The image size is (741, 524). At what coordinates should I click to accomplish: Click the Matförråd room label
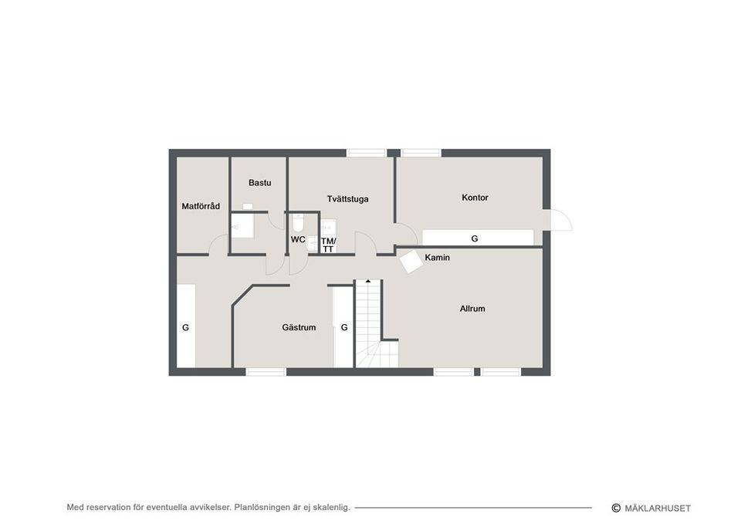click(x=201, y=206)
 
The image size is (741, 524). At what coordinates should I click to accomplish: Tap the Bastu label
click(x=259, y=183)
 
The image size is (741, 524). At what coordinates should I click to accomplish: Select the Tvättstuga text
click(x=347, y=199)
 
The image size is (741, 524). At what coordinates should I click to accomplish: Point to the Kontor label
click(x=475, y=198)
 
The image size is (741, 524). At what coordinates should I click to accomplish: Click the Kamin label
click(x=437, y=257)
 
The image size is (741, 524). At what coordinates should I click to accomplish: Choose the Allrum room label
click(x=472, y=309)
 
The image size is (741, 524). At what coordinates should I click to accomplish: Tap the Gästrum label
click(x=299, y=327)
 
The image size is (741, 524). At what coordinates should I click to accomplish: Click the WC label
click(x=298, y=239)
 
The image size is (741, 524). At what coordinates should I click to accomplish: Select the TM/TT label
click(x=328, y=245)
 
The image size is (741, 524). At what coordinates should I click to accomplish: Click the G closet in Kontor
click(x=475, y=238)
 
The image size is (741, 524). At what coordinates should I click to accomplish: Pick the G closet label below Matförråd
click(x=185, y=327)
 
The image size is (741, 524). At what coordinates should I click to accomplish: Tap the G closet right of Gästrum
click(x=344, y=327)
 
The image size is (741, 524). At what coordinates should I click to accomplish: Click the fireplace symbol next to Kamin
click(x=411, y=261)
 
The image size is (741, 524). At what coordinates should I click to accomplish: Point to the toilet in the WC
click(x=298, y=222)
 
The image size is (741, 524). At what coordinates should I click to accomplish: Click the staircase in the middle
click(x=368, y=316)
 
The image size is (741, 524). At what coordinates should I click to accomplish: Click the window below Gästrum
click(x=266, y=372)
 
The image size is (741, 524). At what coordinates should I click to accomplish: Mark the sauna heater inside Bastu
click(x=247, y=206)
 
